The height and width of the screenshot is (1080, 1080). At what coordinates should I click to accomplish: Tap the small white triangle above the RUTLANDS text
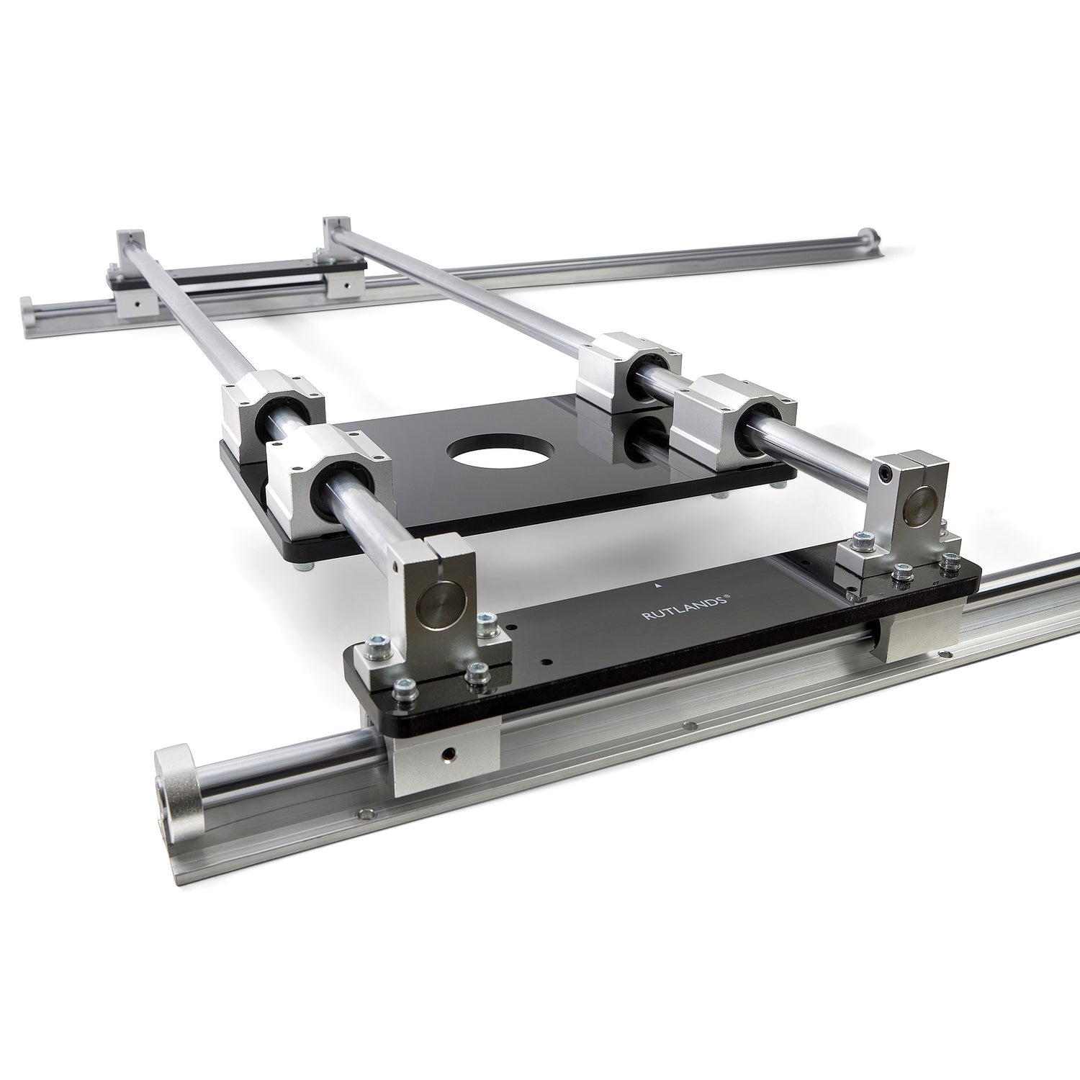click(x=659, y=586)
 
